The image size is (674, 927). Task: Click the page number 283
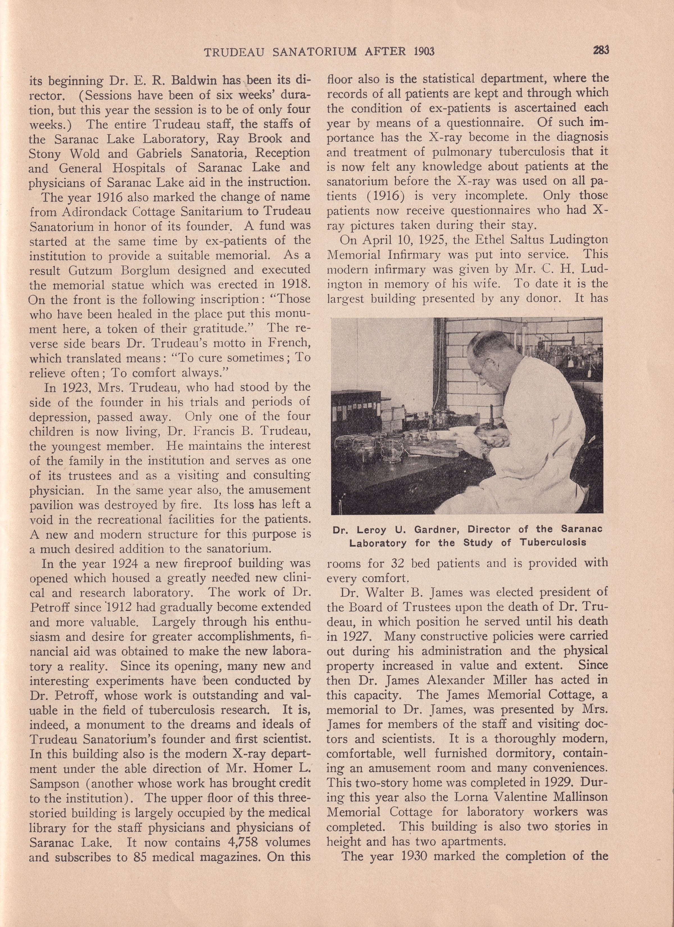[x=601, y=50]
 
